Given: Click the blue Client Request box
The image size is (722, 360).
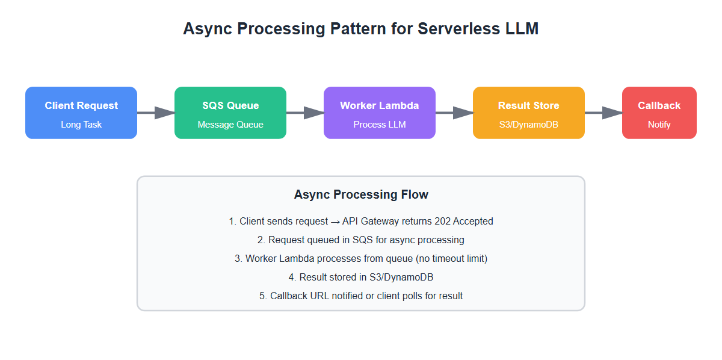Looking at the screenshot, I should (x=81, y=113).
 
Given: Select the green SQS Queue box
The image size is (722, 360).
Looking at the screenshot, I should (x=230, y=113).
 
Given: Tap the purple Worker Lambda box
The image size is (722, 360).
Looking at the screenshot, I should (x=380, y=113).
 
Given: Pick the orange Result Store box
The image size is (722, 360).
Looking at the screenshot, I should (x=529, y=113).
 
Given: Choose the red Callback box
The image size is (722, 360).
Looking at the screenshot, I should (x=659, y=113).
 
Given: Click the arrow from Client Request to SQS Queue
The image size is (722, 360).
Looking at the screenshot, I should (x=156, y=113).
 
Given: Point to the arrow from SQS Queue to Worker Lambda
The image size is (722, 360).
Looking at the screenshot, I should (x=305, y=113).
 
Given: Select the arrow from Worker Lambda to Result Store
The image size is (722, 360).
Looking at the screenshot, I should (x=454, y=113).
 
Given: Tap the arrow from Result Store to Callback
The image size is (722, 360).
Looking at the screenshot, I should (x=603, y=113).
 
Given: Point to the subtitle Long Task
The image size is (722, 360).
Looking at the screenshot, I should (x=81, y=125).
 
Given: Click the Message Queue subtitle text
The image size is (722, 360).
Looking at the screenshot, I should (x=230, y=125).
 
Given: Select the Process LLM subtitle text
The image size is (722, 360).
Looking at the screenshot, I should (x=380, y=125).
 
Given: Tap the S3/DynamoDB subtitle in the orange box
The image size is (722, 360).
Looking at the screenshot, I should (x=529, y=125).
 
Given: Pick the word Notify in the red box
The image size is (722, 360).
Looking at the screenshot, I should (x=659, y=125).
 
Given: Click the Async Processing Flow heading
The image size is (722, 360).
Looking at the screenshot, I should (x=361, y=194).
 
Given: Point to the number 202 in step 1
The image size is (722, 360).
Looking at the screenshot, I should (x=442, y=222).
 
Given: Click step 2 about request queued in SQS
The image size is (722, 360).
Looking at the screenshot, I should (x=361, y=240).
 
